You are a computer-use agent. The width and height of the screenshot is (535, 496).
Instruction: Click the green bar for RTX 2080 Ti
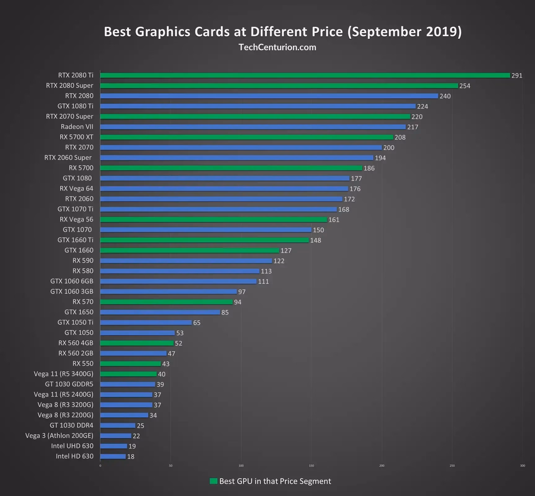pos(305,75)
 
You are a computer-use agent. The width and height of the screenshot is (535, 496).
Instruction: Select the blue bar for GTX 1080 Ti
pos(258,106)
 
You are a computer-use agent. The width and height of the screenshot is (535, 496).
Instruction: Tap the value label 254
pos(465,86)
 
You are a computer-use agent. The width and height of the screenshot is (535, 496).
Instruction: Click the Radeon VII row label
pos(77,127)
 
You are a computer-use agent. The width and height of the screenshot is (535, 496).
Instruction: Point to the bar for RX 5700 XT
pos(247,137)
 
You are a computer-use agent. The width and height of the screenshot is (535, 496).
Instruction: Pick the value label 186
pos(369,168)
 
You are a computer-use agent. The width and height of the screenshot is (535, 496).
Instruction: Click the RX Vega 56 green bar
pos(214,219)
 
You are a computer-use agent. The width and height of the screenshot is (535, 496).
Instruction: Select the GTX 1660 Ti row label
pos(75,240)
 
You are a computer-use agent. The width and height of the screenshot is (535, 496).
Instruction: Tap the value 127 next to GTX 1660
pos(286,250)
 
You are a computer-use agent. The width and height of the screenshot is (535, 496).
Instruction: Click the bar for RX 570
pos(166,302)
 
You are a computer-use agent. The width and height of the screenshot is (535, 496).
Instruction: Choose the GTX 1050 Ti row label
pos(75,322)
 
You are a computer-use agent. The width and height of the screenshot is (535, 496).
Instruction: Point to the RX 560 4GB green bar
pos(137,343)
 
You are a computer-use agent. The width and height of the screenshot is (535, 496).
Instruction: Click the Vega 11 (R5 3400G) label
pos(63,374)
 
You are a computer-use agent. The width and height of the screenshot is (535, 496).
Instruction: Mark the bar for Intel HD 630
pos(113,456)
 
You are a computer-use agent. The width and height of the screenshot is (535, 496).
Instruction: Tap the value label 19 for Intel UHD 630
pos(132,446)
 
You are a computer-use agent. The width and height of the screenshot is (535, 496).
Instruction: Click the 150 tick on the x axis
pos(311,466)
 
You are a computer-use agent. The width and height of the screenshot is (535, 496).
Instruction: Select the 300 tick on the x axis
pos(523,466)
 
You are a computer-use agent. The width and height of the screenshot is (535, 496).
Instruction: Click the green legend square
pos(213,481)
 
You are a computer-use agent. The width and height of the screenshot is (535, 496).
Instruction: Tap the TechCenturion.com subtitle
pos(277,47)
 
